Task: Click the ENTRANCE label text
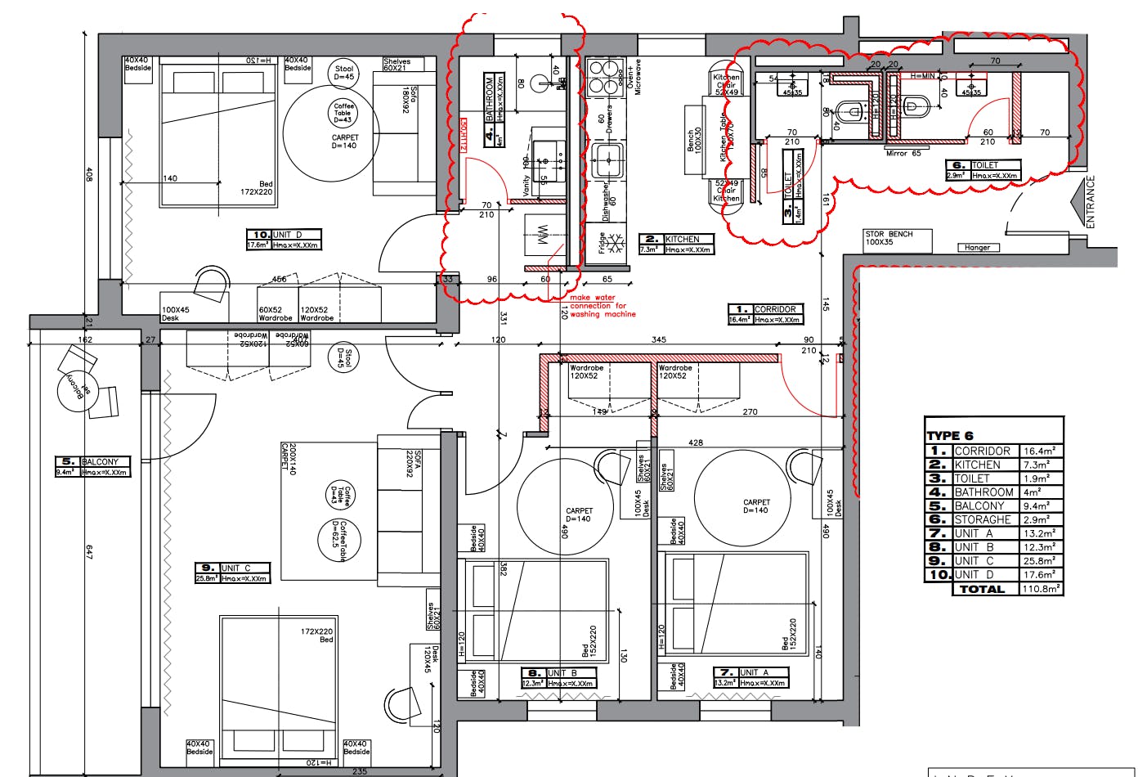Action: coord(1091,202)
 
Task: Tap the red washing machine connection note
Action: coord(603,306)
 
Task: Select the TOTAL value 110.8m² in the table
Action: coord(1042,589)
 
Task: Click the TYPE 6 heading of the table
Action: coord(950,435)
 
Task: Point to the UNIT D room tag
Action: coord(284,240)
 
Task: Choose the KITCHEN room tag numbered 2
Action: coord(676,244)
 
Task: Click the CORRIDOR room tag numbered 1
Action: coord(765,314)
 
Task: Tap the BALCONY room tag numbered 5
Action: coord(92,466)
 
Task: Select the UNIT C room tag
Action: coord(232,573)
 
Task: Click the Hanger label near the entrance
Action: coord(977,247)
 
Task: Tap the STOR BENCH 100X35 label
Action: coord(889,238)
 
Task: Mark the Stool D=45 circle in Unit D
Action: coord(344,73)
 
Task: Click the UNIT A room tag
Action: coord(750,677)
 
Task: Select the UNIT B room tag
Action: coord(558,678)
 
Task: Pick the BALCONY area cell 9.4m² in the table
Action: coord(1042,505)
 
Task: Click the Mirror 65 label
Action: coord(904,153)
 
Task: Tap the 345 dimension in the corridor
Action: coord(658,339)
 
